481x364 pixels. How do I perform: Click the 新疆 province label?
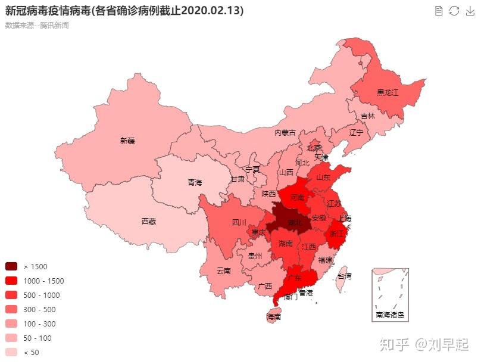tap(127, 141)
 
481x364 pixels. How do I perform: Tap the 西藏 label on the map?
tap(149, 222)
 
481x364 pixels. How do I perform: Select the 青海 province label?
tap(195, 182)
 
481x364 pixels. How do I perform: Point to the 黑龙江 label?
tap(387, 94)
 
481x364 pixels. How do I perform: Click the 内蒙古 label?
tap(285, 133)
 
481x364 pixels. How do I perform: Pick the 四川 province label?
tap(239, 223)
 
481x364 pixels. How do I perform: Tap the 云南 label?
tap(223, 270)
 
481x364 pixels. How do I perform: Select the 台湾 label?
tap(344, 276)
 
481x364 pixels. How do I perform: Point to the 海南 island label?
tap(274, 318)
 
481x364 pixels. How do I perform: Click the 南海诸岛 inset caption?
tap(390, 314)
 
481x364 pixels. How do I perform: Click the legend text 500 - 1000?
tap(42, 295)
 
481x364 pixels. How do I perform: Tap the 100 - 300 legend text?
tap(40, 324)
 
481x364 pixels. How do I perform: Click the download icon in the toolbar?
tap(469, 11)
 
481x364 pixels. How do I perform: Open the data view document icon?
tap(439, 11)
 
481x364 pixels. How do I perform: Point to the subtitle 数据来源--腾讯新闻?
tap(37, 26)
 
